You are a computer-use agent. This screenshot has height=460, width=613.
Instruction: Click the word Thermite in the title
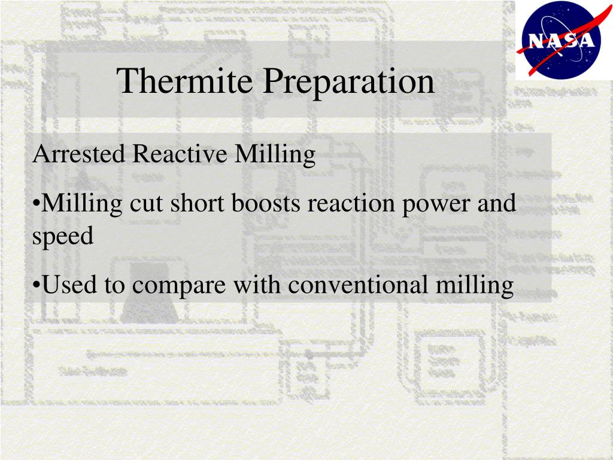(x=184, y=81)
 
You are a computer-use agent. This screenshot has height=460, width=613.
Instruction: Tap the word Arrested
(x=78, y=154)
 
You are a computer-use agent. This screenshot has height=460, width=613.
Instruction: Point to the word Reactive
(x=180, y=154)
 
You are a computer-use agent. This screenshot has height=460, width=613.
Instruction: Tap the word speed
(x=63, y=236)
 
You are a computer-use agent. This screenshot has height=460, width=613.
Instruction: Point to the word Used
(x=69, y=284)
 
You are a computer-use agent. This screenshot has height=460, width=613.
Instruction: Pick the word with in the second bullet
(x=257, y=284)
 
